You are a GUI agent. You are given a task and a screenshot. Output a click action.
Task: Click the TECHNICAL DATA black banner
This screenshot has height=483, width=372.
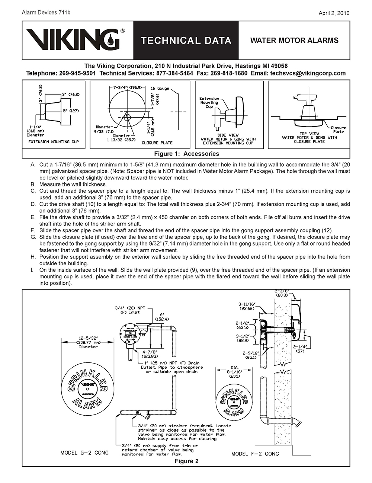tap(186, 41)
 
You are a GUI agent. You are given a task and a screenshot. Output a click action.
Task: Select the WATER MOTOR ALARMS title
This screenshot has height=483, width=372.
tap(294, 41)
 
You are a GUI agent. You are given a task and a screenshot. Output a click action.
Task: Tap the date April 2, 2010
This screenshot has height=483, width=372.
tap(334, 13)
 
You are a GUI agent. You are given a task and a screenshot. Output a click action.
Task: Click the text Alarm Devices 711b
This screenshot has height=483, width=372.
tap(46, 13)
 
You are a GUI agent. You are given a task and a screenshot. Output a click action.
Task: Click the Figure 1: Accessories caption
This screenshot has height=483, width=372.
tap(186, 154)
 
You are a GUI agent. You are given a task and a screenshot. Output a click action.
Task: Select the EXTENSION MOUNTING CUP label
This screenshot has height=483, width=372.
tap(54, 142)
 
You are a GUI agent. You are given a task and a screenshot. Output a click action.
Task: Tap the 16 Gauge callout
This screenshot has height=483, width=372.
tap(160, 89)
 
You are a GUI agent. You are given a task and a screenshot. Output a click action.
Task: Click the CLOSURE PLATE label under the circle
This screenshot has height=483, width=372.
tap(157, 143)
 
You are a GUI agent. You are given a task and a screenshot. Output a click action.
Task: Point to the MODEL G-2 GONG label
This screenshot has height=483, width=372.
tap(84, 453)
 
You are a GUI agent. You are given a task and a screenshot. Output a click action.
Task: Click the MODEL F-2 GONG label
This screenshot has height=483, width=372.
tap(255, 454)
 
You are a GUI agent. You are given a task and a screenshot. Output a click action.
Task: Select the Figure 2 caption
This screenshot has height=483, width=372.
tap(186, 461)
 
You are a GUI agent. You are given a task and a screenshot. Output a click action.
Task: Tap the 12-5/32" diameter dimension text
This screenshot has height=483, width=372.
tap(88, 342)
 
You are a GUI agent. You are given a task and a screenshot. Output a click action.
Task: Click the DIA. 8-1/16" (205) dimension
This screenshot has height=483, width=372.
tap(235, 372)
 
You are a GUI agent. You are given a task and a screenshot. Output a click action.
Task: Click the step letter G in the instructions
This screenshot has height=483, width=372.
tap(33, 237)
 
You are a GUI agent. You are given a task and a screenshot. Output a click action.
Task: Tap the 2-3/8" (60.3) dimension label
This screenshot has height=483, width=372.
tap(282, 293)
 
